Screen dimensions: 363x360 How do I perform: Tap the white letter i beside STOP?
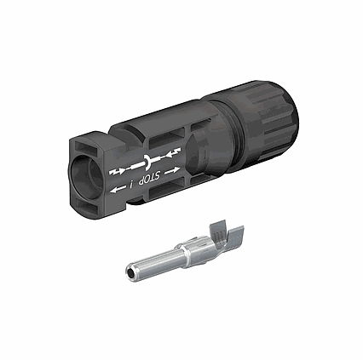pos(131,185)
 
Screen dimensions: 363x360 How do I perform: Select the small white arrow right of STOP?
pos(172,170)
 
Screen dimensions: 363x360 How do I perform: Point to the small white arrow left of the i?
pos(118,189)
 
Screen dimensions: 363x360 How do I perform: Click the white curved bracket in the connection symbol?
pos(148,161)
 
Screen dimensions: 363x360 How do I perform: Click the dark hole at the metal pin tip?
pos(130,272)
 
